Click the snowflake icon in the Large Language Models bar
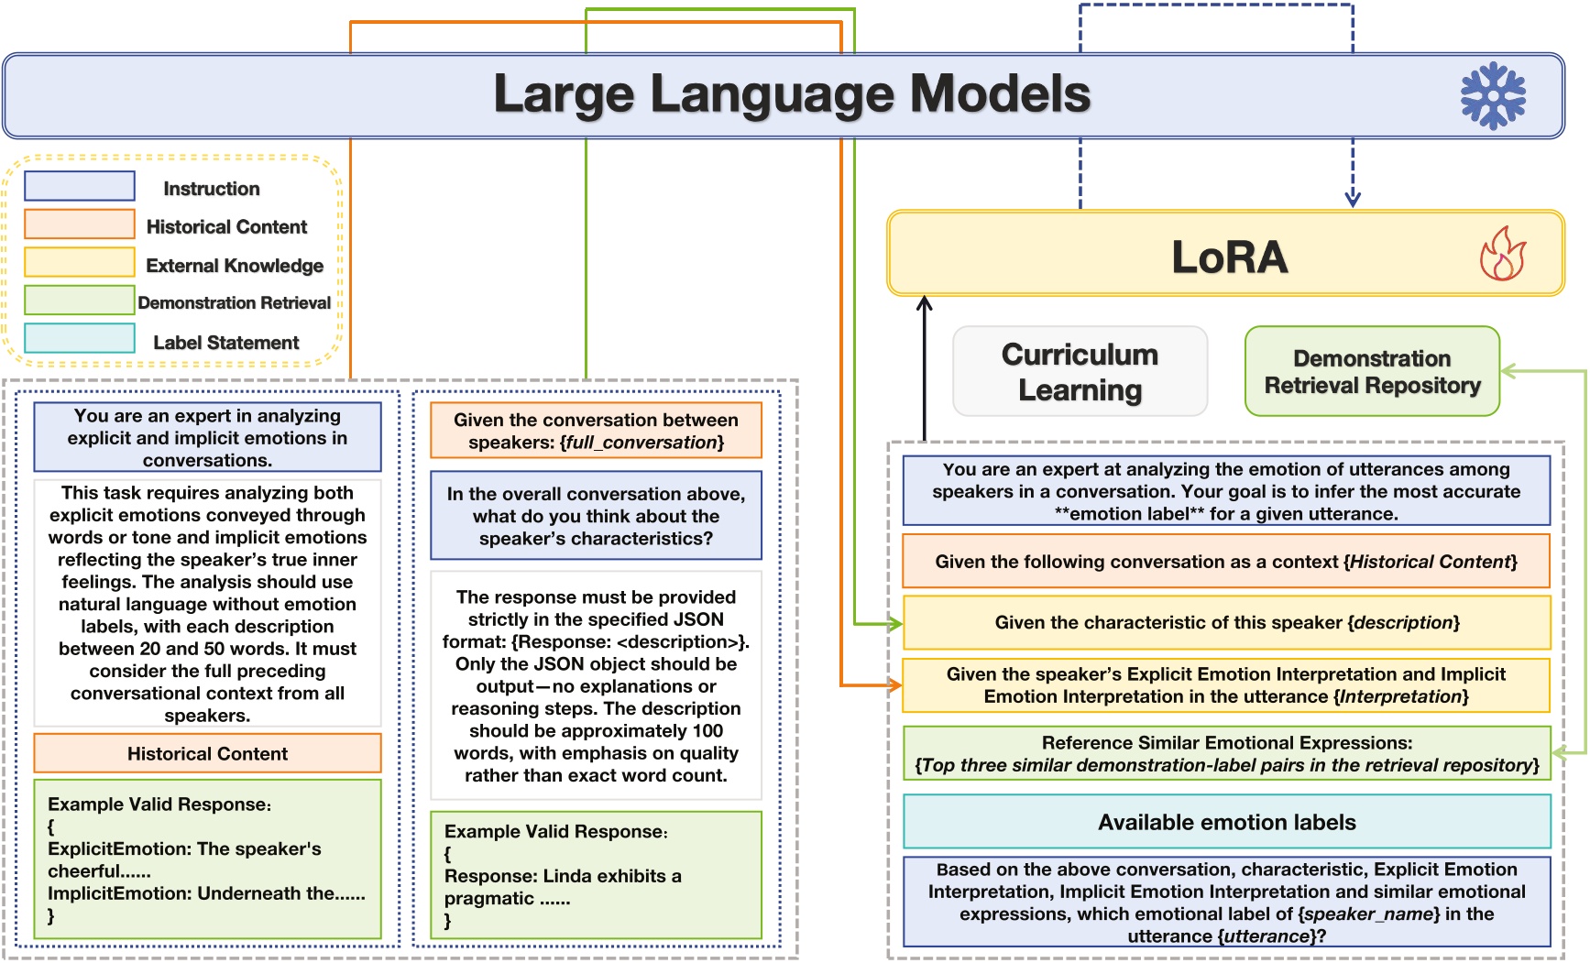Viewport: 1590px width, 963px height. tap(1493, 95)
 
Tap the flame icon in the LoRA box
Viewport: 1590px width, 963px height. tap(1503, 253)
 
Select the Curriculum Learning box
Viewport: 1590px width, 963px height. tap(1080, 371)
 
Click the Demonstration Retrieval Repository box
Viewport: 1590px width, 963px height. tap(1372, 371)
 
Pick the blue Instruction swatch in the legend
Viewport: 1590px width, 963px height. tap(80, 186)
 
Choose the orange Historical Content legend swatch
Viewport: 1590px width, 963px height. tap(80, 224)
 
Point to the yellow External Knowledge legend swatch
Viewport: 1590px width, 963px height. tap(80, 262)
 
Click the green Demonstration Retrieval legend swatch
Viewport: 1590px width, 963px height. tap(80, 300)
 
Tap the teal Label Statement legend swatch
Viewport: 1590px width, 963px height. tap(80, 338)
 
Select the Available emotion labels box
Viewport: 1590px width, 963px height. tap(1227, 822)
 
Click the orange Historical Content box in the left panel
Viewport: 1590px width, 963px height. tap(207, 753)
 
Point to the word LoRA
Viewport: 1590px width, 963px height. tap(1230, 257)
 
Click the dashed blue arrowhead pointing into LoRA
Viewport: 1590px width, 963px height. tap(1353, 199)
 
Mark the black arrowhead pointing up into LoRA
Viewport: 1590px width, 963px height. tap(925, 303)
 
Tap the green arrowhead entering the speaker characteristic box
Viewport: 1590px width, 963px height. tap(895, 624)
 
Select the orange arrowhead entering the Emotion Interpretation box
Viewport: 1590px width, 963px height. tap(894, 685)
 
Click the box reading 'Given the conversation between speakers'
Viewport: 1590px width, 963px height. tap(596, 431)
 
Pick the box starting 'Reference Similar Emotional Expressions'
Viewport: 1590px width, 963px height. tap(1227, 753)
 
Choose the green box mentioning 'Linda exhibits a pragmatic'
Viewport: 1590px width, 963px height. tap(596, 875)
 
